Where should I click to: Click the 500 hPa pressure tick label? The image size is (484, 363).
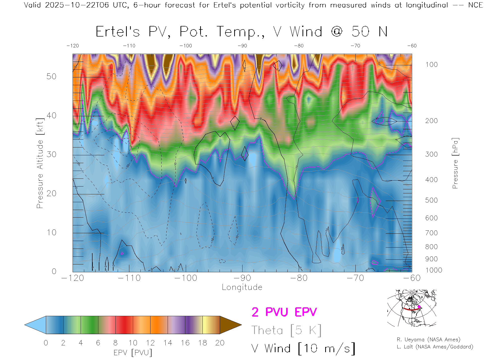tap(431, 200)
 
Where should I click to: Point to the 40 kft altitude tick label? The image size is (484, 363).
tap(51, 115)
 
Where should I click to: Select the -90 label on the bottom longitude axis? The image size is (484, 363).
tap(242, 278)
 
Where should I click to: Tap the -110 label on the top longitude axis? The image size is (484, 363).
tap(129, 46)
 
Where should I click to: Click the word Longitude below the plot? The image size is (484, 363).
tap(242, 287)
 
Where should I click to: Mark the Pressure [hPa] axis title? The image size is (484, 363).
tap(455, 163)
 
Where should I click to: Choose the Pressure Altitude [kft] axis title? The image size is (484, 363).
tap(40, 163)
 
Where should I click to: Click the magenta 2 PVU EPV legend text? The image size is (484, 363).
tap(284, 312)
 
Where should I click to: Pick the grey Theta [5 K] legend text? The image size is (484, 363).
tap(286, 330)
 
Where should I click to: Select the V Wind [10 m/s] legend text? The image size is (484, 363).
tap(303, 349)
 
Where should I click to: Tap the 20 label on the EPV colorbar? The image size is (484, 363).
tap(220, 343)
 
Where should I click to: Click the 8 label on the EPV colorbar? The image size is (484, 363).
tap(115, 343)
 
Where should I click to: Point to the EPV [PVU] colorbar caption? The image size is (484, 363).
tap(133, 353)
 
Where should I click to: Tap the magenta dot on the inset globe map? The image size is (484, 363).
tap(419, 307)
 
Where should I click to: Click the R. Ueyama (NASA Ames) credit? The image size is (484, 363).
tap(428, 340)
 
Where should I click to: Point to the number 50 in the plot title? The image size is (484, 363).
tap(360, 32)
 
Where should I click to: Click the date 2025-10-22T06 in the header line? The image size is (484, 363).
tap(77, 5)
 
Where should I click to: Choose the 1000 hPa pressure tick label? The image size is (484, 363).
tap(434, 270)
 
